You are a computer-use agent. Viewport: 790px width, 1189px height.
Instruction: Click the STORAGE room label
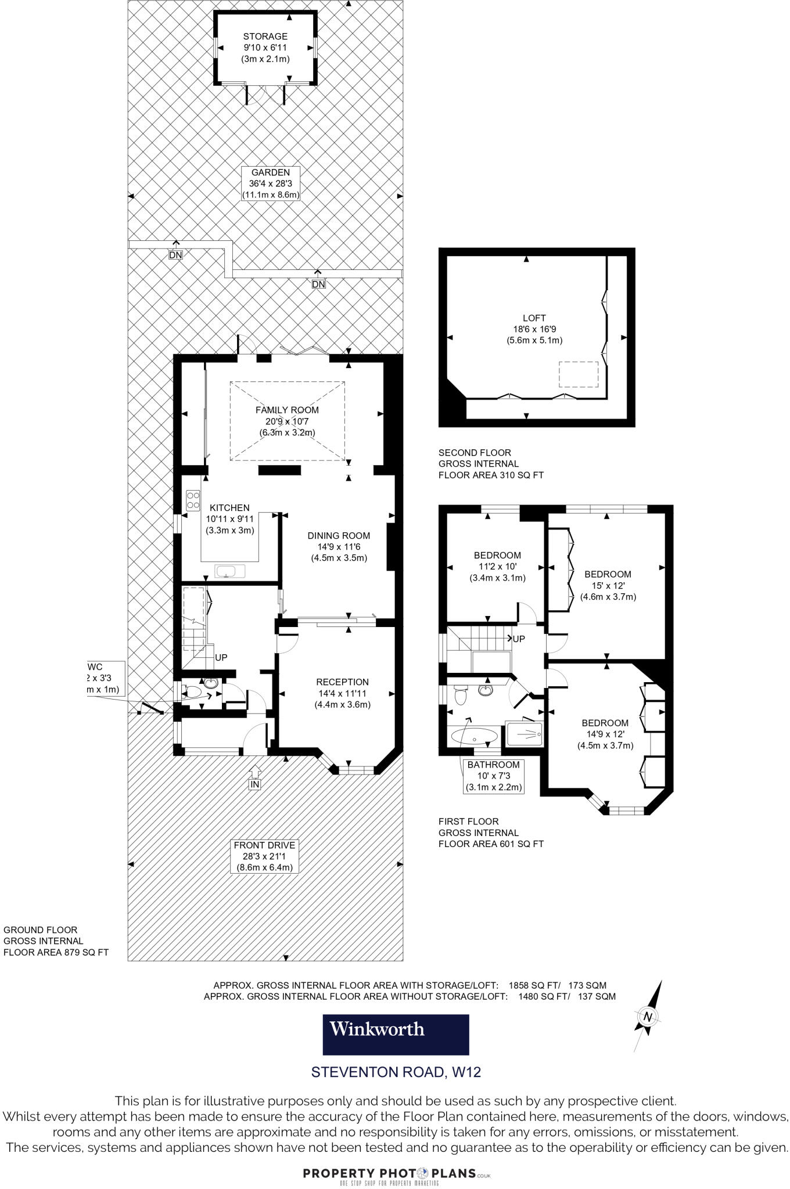click(265, 48)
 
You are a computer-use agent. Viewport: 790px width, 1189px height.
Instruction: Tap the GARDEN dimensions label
click(271, 183)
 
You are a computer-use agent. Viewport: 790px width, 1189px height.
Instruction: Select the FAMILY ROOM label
click(287, 421)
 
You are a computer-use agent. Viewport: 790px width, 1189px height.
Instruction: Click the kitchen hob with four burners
click(193, 500)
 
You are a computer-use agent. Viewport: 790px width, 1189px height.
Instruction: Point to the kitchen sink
click(230, 571)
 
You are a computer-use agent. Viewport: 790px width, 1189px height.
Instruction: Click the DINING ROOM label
click(339, 546)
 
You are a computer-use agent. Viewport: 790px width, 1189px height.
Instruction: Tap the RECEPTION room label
click(342, 693)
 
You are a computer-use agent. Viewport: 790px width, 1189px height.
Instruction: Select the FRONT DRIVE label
click(265, 856)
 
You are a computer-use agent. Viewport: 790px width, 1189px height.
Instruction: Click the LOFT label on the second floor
click(534, 329)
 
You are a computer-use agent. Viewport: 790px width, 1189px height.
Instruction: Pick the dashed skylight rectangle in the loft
click(579, 374)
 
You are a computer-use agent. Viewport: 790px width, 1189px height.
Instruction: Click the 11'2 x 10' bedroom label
click(497, 566)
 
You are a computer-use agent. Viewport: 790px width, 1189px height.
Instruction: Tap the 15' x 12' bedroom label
click(608, 585)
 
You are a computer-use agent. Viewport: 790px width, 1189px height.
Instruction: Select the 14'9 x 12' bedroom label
click(605, 734)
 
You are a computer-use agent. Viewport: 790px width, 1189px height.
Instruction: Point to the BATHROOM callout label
click(493, 776)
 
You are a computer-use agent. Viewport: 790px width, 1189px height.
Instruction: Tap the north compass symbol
click(648, 1017)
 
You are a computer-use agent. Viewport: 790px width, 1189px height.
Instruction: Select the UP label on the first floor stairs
click(518, 639)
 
